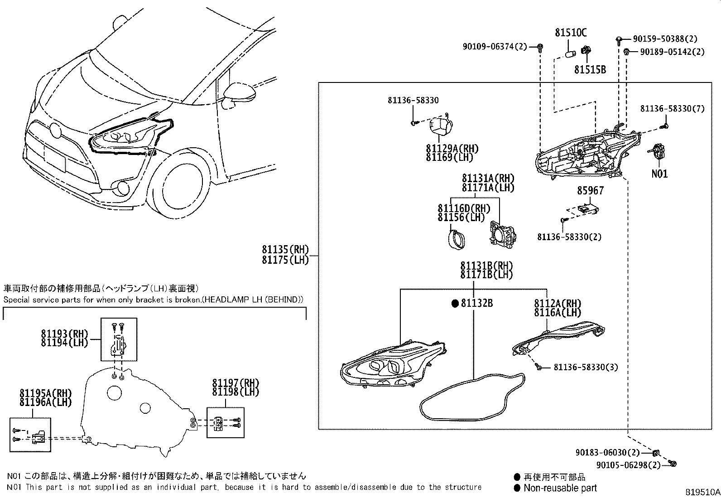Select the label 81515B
click(590, 69)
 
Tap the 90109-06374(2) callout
click(495, 46)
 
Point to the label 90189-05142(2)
click(672, 52)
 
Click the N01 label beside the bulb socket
click(659, 174)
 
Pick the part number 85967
click(590, 191)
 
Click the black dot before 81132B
click(455, 303)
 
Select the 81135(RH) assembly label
click(284, 250)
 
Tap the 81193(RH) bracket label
click(64, 333)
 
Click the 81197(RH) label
click(235, 382)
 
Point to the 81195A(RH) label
click(45, 392)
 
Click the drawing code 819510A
click(702, 492)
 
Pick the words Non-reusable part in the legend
click(560, 488)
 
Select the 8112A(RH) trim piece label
click(557, 303)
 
